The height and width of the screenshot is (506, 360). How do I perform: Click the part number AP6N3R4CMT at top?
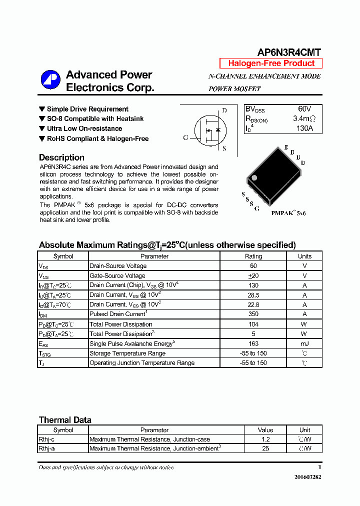[x=289, y=52]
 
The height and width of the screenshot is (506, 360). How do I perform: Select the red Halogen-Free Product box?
[x=271, y=63]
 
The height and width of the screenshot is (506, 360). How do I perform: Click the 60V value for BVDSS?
[x=304, y=109]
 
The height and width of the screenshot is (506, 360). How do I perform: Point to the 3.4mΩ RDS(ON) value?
[x=304, y=119]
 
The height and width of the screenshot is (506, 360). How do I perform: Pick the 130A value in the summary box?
[x=304, y=128]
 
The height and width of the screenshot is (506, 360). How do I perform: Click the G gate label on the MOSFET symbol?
[x=185, y=137]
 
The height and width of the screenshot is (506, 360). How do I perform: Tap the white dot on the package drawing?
[x=254, y=177]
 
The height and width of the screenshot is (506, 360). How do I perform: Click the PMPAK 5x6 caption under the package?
[x=288, y=213]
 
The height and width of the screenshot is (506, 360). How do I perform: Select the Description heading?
[x=61, y=157]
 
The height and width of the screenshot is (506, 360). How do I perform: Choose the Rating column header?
[x=253, y=256]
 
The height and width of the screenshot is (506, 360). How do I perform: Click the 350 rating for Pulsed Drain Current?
[x=253, y=314]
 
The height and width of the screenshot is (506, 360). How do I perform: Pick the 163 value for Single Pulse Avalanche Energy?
[x=253, y=343]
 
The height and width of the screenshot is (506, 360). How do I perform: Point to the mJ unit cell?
[x=304, y=343]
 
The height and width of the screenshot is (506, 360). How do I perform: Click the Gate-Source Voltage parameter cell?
[x=117, y=275]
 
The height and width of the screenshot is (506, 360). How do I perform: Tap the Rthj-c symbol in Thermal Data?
[x=46, y=439]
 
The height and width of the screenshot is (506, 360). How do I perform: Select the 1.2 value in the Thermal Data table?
[x=265, y=439]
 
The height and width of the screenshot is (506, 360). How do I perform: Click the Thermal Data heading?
[x=65, y=420]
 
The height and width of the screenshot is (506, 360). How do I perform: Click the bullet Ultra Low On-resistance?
[x=84, y=128]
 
